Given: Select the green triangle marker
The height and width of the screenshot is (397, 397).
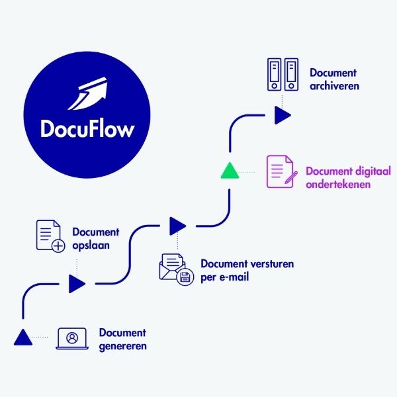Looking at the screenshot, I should click(x=229, y=171).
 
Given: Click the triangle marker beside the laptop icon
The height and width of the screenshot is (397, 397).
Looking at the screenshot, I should click(x=22, y=337).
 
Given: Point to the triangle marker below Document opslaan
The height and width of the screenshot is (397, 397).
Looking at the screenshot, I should click(x=77, y=284).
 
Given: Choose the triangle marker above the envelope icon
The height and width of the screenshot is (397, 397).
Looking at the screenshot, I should click(x=177, y=226).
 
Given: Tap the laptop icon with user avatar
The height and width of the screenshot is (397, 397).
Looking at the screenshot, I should click(x=72, y=337).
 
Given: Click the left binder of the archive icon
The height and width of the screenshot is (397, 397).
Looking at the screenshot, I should click(x=273, y=75).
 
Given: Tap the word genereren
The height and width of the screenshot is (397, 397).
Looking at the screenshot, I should click(x=123, y=346).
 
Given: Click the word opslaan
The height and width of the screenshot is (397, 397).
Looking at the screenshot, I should click(x=90, y=245).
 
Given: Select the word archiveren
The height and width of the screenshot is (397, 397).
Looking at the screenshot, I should click(x=334, y=86).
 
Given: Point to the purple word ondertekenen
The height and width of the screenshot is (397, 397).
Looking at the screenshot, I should click(x=337, y=185).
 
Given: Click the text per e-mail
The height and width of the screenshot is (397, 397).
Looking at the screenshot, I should click(x=224, y=277).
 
